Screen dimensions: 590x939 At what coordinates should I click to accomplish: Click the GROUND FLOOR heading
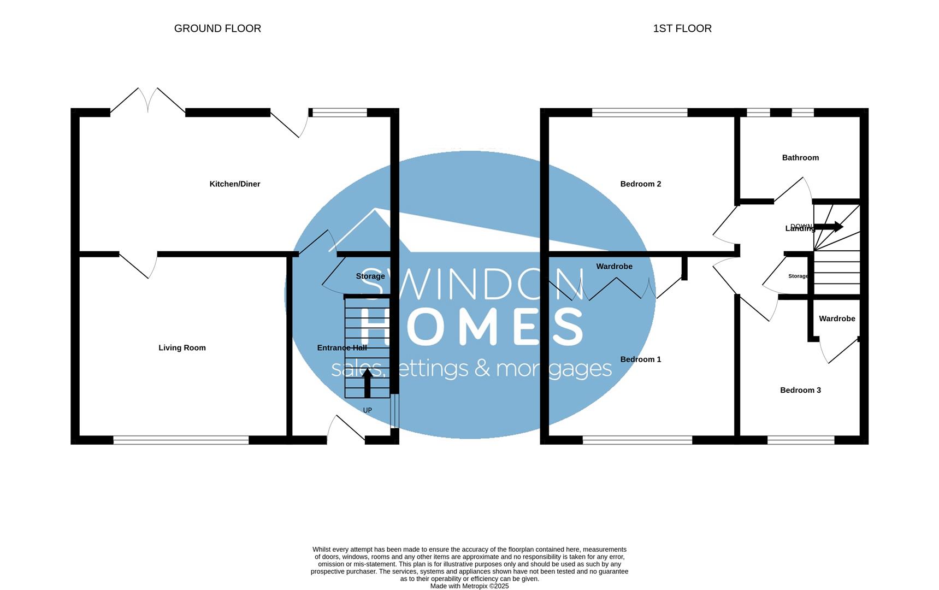(x=217, y=28)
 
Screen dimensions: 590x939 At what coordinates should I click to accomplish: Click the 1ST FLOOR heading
(x=682, y=28)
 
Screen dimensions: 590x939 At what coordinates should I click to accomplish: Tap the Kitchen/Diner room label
(x=235, y=184)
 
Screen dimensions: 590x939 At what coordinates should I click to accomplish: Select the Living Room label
(x=182, y=348)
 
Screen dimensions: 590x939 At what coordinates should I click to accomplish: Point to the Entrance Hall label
(x=342, y=348)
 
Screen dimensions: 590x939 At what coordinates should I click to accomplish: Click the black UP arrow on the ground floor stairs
(x=367, y=382)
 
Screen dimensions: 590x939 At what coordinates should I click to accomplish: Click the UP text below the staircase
(x=367, y=410)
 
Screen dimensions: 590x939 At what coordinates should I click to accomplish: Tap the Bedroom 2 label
(x=640, y=184)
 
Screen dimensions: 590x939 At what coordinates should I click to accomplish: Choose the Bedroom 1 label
(x=640, y=359)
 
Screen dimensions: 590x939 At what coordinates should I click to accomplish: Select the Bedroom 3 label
(x=800, y=390)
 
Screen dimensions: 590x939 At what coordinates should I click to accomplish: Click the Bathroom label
(x=800, y=158)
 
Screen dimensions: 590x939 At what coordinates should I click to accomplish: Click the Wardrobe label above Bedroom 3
(x=837, y=318)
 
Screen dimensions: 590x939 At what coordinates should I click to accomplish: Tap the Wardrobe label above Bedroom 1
(x=614, y=267)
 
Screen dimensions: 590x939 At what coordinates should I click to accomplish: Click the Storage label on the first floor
(x=798, y=276)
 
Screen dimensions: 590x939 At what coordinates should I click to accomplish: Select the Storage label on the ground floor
(x=370, y=276)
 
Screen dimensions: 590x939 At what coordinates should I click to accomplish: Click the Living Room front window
(x=181, y=440)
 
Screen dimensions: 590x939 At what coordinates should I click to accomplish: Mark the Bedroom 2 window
(x=639, y=113)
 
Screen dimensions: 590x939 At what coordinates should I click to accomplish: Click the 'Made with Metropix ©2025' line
(x=469, y=586)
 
